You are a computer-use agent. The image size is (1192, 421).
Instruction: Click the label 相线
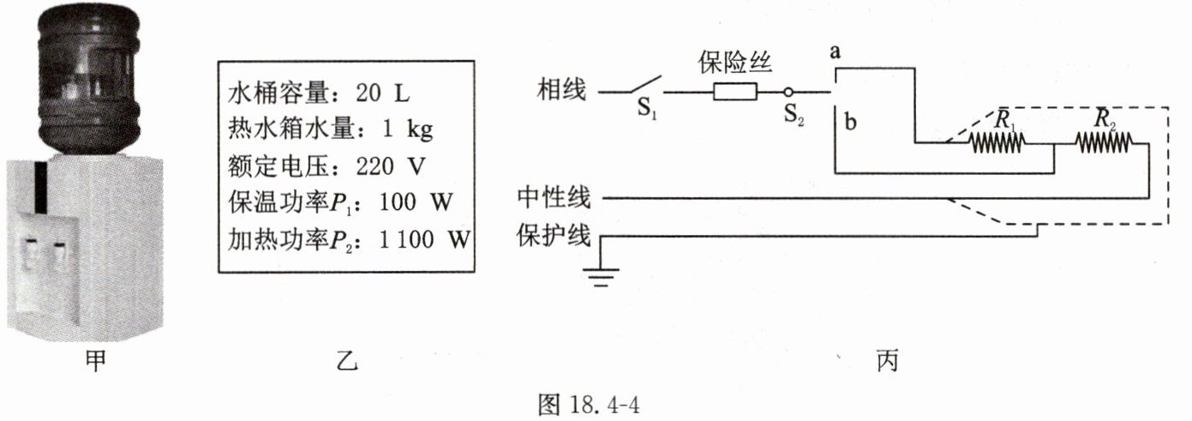coord(561,89)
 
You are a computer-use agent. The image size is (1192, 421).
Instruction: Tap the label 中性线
coord(554,198)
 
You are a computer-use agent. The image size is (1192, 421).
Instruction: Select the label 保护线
coord(554,234)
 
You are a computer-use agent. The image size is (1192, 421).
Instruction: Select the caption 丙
coord(887,361)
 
